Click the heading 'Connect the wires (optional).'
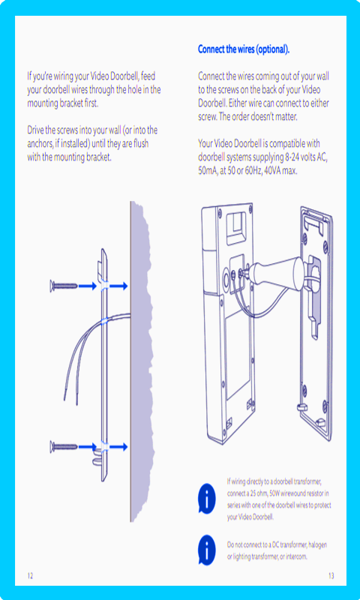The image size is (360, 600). point(244,49)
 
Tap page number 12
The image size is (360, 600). point(30,575)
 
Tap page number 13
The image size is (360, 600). point(331,575)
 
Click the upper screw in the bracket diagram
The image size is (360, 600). point(64,286)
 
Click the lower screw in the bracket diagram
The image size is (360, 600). point(64,445)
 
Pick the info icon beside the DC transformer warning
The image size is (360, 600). point(206,550)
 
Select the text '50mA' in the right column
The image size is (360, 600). point(207,171)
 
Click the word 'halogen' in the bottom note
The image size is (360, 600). point(317,545)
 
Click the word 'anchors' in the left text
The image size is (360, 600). point(40,144)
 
